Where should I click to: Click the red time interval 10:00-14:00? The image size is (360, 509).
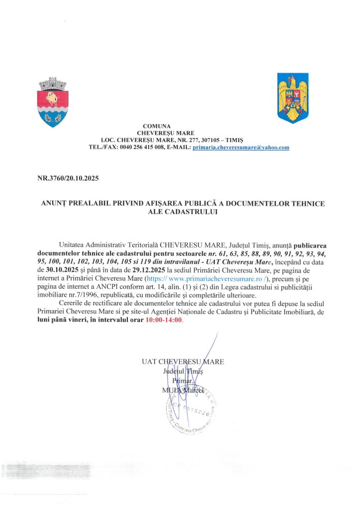click(x=164, y=321)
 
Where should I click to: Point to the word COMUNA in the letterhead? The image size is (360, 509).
click(x=157, y=126)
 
